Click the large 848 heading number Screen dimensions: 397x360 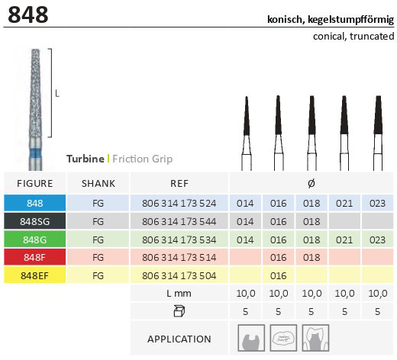(x=28, y=14)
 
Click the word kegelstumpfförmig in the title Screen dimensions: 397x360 (x=350, y=19)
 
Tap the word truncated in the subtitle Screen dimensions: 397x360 (x=372, y=36)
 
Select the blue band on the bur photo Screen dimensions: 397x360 (x=35, y=153)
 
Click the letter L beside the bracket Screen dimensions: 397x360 (x=57, y=94)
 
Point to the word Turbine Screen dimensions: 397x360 (x=86, y=159)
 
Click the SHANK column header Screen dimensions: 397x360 (x=98, y=184)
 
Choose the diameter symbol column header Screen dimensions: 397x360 (x=311, y=183)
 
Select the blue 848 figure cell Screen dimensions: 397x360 (x=35, y=203)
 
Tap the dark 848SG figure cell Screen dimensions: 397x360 (x=35, y=221)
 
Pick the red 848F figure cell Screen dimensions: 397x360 (x=35, y=257)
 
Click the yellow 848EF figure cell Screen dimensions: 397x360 (x=35, y=275)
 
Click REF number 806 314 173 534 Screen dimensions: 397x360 (x=179, y=239)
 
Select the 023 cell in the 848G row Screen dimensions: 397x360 (x=377, y=239)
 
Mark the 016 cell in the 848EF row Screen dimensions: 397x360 (x=279, y=275)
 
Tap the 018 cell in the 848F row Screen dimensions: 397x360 (x=311, y=258)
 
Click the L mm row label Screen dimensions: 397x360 (x=179, y=294)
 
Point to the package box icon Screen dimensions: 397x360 (x=179, y=311)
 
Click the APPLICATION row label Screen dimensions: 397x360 (x=179, y=339)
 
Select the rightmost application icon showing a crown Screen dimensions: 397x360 (x=315, y=338)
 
